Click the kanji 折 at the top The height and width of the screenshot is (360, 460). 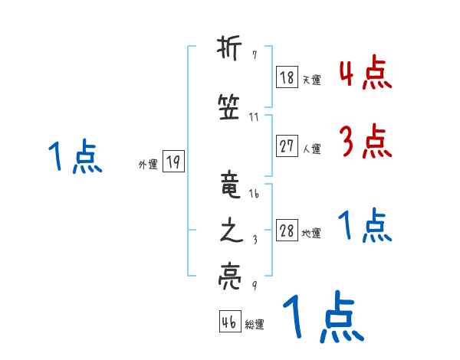230,51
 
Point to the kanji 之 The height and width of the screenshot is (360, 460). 230,232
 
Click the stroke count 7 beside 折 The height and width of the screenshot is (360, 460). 254,57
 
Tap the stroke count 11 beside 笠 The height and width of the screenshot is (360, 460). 254,117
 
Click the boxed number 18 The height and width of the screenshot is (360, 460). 287,77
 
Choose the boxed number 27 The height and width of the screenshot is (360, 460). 287,146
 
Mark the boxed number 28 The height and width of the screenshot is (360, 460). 287,231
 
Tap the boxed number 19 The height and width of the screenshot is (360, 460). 173,162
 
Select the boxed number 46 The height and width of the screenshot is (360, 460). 229,322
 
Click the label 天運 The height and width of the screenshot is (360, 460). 311,80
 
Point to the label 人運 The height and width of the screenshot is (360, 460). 311,149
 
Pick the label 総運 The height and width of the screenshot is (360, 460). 255,325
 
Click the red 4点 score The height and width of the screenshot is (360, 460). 364,73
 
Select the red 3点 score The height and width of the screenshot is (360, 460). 364,140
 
